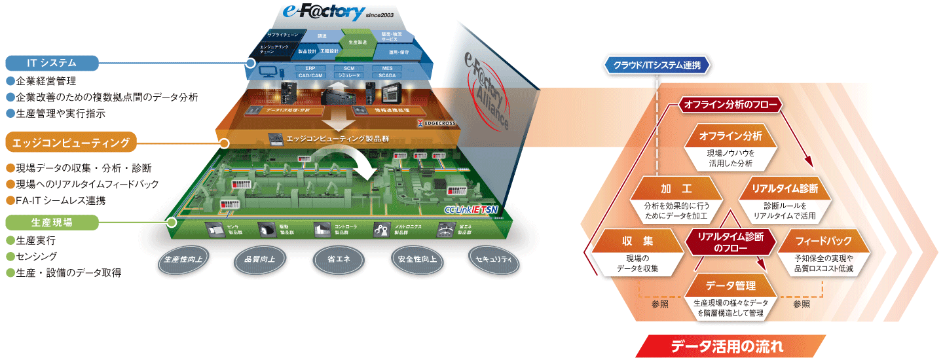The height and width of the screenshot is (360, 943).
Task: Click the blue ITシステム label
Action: [52, 63]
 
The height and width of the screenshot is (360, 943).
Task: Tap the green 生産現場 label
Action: [52, 223]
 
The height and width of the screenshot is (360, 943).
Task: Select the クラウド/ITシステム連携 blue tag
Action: [657, 65]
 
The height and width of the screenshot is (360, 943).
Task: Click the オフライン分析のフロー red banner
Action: [730, 104]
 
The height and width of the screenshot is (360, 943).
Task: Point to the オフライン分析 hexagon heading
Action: [730, 136]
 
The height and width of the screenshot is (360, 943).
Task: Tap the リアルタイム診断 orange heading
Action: [785, 189]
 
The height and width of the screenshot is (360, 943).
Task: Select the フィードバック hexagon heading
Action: [823, 241]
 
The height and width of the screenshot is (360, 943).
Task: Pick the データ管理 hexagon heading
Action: [731, 286]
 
